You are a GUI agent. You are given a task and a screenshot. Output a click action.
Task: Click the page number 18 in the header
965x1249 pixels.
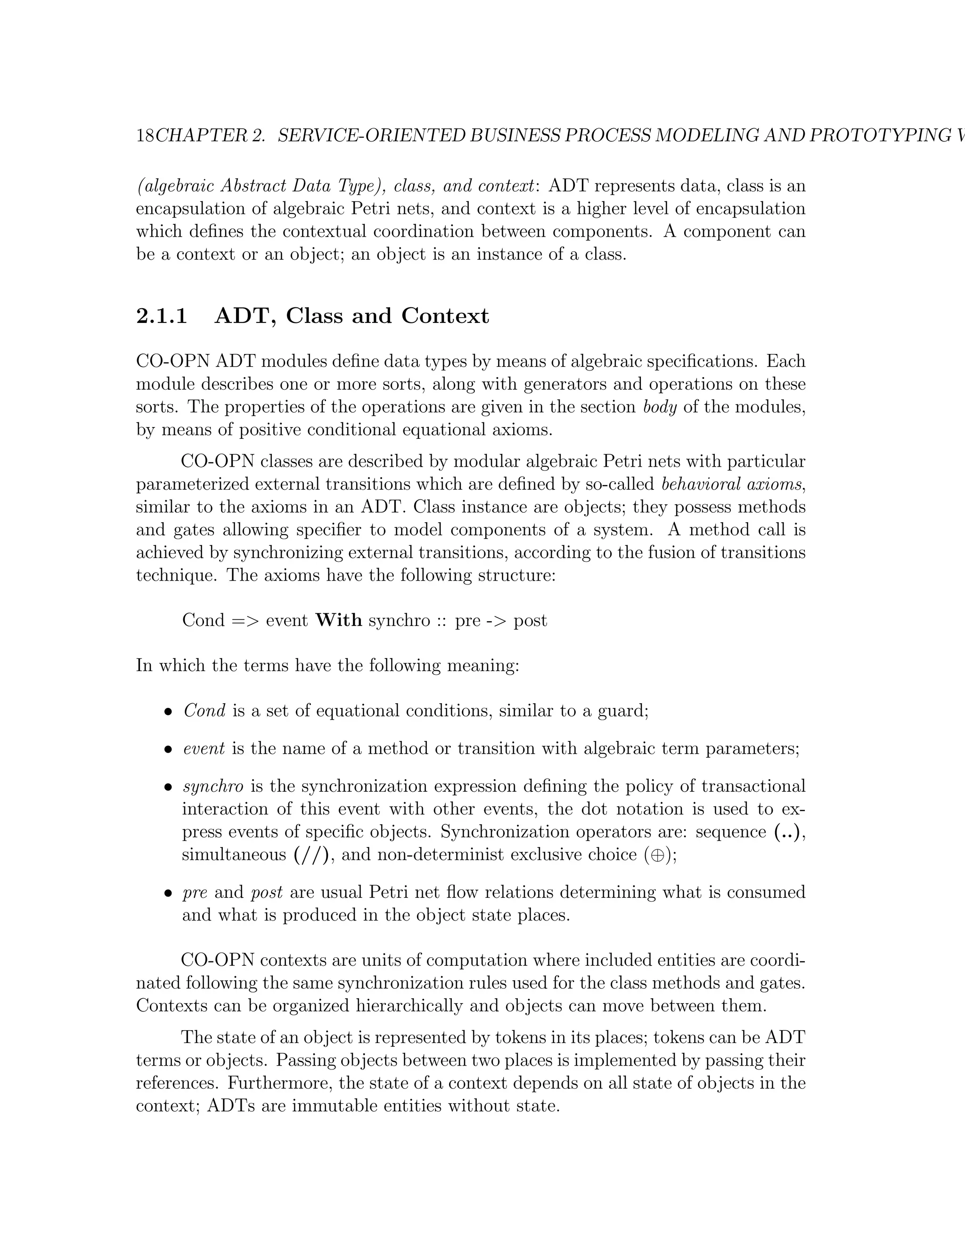click(x=145, y=136)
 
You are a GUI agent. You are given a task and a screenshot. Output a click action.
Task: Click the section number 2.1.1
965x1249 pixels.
click(x=162, y=316)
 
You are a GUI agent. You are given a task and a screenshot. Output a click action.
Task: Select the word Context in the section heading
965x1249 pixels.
click(x=445, y=316)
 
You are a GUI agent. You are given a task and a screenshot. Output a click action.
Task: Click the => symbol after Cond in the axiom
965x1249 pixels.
click(x=245, y=621)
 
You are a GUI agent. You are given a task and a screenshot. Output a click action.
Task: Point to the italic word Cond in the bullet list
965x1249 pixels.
click(x=204, y=711)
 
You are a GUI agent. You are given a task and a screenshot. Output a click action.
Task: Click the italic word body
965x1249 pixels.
click(x=660, y=407)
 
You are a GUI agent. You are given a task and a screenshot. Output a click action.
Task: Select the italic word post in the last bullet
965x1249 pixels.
click(x=266, y=893)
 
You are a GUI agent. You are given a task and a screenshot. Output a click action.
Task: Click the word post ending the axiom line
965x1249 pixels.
click(x=530, y=621)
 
